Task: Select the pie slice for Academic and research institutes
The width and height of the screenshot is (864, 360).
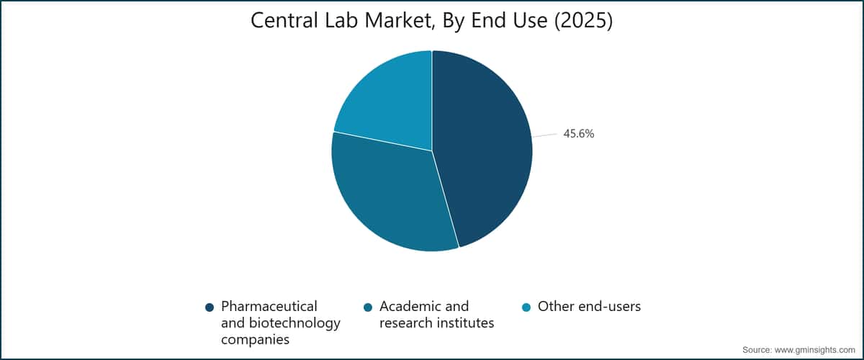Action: tap(390, 193)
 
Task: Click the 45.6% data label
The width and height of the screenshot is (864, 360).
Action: tap(579, 133)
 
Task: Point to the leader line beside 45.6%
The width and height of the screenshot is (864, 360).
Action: tap(544, 135)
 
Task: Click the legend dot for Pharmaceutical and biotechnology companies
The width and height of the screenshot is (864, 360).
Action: tap(210, 307)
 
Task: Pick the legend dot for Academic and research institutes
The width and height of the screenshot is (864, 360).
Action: tap(368, 307)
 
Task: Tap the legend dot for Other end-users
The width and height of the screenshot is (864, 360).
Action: tap(526, 307)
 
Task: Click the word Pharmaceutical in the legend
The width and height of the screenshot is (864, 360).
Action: tap(269, 307)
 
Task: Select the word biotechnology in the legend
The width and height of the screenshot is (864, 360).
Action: tap(294, 323)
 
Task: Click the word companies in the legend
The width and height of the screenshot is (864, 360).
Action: tap(255, 340)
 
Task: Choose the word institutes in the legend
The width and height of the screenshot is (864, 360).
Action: tap(465, 323)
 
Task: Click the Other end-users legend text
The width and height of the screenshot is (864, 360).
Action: tap(589, 307)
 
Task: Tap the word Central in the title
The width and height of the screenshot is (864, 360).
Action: tap(284, 20)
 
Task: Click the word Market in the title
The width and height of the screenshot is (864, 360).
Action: tap(399, 21)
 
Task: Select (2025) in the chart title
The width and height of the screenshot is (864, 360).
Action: tap(584, 20)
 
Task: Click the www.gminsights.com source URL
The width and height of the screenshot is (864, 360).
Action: tap(814, 350)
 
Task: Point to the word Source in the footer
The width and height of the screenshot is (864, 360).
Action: tap(757, 350)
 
